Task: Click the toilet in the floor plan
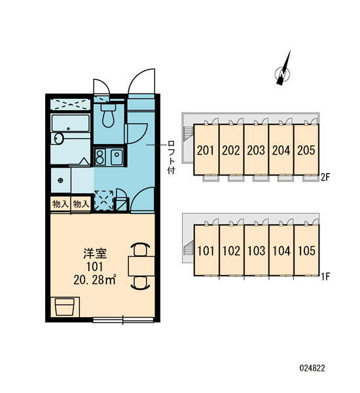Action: [108, 115]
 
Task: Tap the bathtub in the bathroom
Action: [71, 123]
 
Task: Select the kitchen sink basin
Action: [117, 157]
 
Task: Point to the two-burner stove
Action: [100, 157]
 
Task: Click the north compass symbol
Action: [283, 71]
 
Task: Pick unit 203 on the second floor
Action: [256, 149]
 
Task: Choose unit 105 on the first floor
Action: [306, 250]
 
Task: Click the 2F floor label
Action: [325, 178]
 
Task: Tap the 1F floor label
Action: [325, 276]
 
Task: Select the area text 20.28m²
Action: [95, 280]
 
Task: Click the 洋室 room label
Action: [95, 253]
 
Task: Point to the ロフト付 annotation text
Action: [171, 157]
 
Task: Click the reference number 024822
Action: [312, 368]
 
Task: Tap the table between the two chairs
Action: [141, 266]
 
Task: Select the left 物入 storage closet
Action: [60, 204]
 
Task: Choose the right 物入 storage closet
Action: [81, 204]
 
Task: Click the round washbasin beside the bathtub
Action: [59, 139]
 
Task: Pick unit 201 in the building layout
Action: [206, 149]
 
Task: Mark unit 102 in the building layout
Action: [231, 250]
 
